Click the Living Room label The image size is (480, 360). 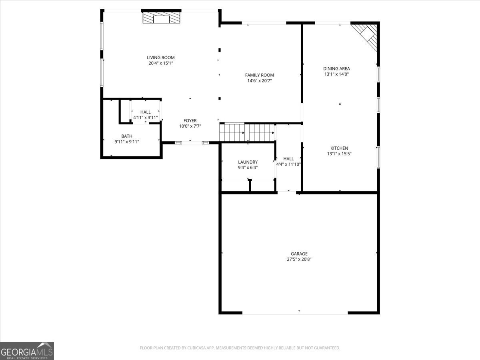[160, 58]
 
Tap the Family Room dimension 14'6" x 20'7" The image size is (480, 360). [259, 81]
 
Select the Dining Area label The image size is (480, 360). [336, 68]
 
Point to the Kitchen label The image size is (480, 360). [339, 148]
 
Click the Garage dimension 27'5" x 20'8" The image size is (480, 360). [299, 259]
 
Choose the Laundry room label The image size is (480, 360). [248, 162]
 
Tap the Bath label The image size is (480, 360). [126, 136]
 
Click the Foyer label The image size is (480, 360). [190, 120]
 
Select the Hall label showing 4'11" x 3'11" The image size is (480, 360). [145, 112]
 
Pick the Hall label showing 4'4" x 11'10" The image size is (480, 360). [288, 159]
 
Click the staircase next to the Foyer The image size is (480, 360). [247, 132]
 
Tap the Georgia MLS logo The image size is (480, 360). [27, 351]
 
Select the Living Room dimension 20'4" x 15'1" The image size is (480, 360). [160, 63]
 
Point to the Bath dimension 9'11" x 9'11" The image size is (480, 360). [126, 142]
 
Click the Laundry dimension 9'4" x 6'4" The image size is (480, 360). [248, 168]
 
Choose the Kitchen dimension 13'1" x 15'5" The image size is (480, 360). [339, 154]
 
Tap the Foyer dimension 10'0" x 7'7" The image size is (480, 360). [190, 126]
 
